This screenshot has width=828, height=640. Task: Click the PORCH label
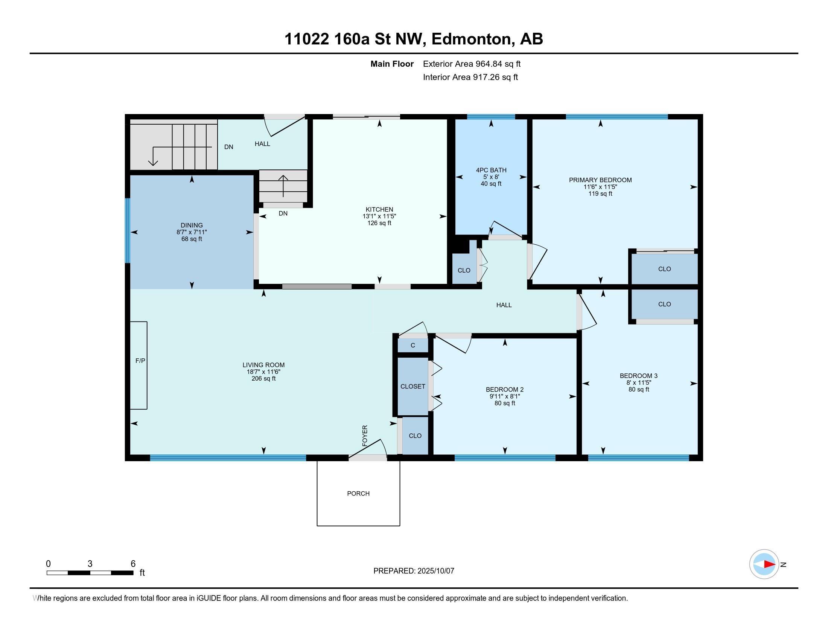358,493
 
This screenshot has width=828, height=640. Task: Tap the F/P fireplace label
140,361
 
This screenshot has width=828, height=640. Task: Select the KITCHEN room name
379,209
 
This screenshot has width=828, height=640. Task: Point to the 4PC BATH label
491,170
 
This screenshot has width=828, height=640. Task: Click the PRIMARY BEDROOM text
600,180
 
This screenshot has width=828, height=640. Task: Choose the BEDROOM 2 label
504,389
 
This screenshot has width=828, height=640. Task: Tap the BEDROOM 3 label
638,376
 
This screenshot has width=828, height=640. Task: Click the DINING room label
192,225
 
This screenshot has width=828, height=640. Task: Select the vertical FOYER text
365,436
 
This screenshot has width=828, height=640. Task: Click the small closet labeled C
412,345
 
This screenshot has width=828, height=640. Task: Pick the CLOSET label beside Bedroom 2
412,386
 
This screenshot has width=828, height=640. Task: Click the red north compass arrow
769,564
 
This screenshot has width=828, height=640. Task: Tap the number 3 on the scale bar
90,564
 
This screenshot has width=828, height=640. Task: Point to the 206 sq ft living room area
263,378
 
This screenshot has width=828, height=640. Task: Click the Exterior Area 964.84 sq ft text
471,64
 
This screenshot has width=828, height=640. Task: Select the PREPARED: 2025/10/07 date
414,571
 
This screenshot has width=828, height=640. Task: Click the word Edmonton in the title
470,39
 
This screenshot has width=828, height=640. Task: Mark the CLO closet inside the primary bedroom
664,269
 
